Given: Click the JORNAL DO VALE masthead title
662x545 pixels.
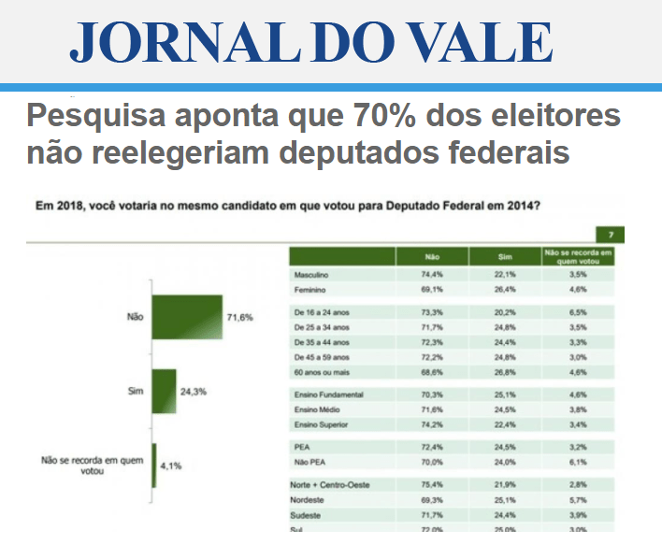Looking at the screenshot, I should coord(311,42).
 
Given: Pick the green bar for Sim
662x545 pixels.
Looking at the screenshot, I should coord(164,390).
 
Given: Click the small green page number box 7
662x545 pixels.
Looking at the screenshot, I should coord(610,234).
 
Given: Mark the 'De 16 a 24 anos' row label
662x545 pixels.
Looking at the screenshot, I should coord(321,311).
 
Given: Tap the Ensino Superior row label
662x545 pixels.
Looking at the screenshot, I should coord(323,425).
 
